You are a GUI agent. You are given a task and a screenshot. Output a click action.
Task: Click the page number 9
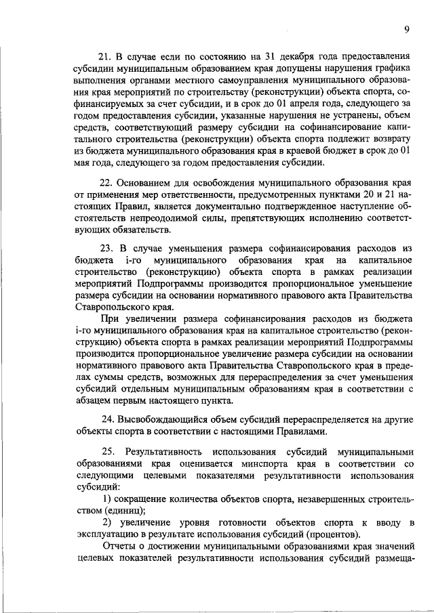(406, 29)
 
